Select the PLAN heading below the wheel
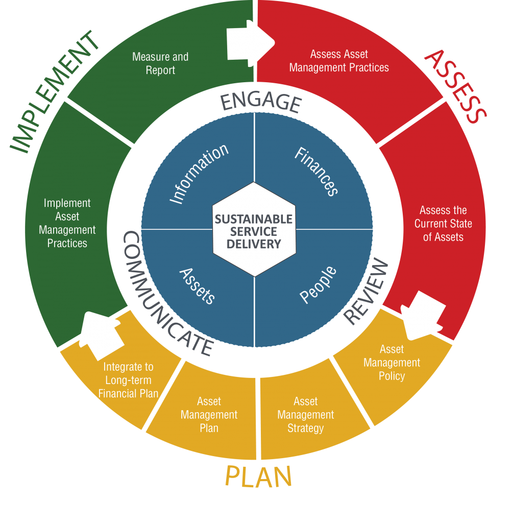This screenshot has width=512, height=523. pos(258,477)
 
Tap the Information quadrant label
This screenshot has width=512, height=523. pos(198,174)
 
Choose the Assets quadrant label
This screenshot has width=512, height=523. pos(197,286)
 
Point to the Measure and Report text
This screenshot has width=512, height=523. pos(160,63)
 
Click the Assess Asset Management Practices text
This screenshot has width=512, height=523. pos(339,61)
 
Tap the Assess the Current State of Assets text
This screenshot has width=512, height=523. pos(443,224)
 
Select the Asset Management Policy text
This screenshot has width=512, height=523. pos(392,363)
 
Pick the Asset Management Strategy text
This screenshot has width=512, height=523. pos(305,415)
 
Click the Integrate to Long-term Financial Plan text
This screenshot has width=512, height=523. pos(128,380)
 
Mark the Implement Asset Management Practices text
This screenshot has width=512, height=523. pos(67,223)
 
